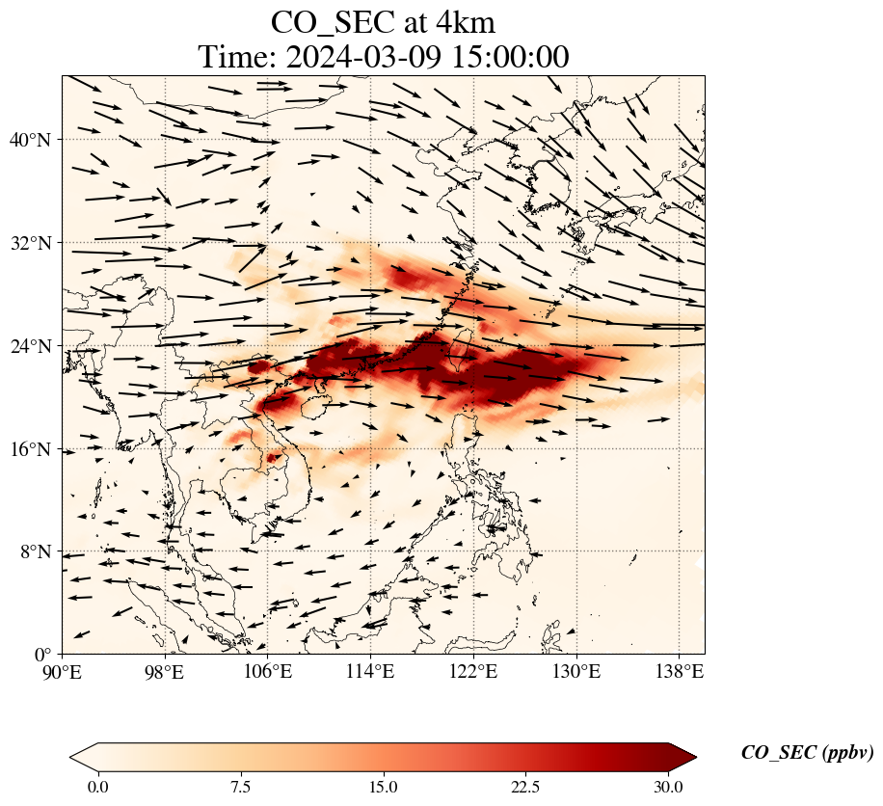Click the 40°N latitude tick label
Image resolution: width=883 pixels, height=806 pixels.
pyautogui.click(x=29, y=140)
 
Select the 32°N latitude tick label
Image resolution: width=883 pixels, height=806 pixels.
pyautogui.click(x=29, y=243)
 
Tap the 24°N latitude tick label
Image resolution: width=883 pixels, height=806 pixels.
pyautogui.click(x=29, y=346)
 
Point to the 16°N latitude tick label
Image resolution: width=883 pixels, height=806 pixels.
pyautogui.click(x=29, y=449)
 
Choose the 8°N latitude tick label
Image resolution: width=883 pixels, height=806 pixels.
pyautogui.click(x=34, y=551)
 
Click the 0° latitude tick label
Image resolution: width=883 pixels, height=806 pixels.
pyautogui.click(x=42, y=655)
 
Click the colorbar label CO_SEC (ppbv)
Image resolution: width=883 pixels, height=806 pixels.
pyautogui.click(x=807, y=753)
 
